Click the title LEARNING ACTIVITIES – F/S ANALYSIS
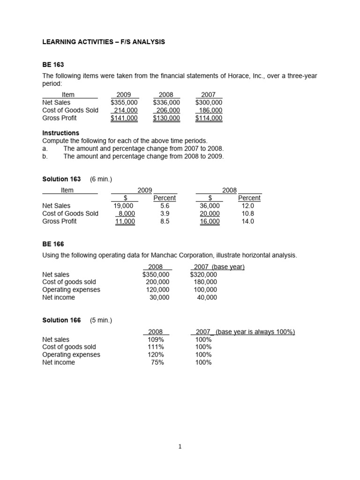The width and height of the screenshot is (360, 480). pyautogui.click(x=104, y=42)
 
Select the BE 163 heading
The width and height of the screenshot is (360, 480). pyautogui.click(x=53, y=65)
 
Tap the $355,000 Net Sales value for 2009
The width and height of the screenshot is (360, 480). pyautogui.click(x=124, y=102)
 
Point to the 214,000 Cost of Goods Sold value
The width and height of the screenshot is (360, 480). pyautogui.click(x=126, y=110)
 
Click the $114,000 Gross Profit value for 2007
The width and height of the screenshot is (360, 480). pyautogui.click(x=209, y=118)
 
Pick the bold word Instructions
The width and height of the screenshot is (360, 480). pyautogui.click(x=60, y=133)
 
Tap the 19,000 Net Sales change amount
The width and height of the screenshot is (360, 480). pyautogui.click(x=124, y=205)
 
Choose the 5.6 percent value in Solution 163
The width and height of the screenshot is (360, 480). pyautogui.click(x=165, y=205)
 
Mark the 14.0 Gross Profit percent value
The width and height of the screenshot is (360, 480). pyautogui.click(x=248, y=221)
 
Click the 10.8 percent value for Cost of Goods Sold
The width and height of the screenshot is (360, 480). pyautogui.click(x=248, y=213)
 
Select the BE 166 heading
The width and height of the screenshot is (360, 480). pyautogui.click(x=53, y=244)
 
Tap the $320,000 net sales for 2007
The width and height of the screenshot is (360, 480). pyautogui.click(x=203, y=274)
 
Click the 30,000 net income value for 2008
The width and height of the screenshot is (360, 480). pyautogui.click(x=159, y=297)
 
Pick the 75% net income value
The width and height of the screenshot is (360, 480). pyautogui.click(x=157, y=362)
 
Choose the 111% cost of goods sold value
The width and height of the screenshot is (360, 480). pyautogui.click(x=156, y=347)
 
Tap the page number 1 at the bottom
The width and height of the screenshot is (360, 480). pyautogui.click(x=180, y=447)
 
